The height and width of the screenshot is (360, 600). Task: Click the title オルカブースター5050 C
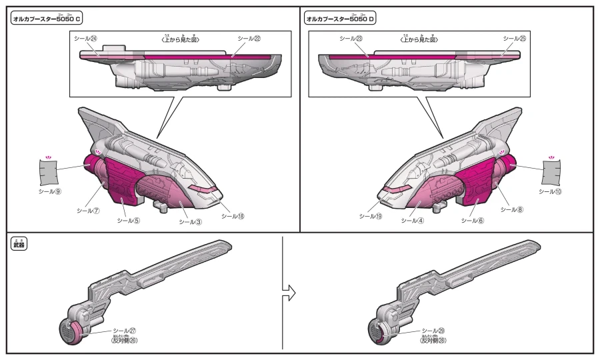47,19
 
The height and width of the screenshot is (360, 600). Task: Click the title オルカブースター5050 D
340,19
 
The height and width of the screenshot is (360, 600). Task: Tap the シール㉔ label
85,39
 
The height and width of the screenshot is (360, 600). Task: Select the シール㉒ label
249,39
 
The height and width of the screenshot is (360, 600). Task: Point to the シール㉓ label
351,39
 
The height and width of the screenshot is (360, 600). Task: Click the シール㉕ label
514,39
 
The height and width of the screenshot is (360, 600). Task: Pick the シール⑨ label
50,191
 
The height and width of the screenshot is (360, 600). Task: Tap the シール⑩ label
550,191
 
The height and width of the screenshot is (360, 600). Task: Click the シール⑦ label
88,211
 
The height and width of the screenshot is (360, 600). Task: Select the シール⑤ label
129,221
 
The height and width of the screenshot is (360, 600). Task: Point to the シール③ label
190,222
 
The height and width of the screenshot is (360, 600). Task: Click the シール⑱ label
233,216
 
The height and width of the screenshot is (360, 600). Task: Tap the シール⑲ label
371,216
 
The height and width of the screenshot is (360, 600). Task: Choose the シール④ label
413,221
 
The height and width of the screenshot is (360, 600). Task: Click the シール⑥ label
472,221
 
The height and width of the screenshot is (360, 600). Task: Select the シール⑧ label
511,209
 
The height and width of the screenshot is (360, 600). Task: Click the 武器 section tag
19,244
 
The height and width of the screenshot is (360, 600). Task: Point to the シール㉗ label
125,331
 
